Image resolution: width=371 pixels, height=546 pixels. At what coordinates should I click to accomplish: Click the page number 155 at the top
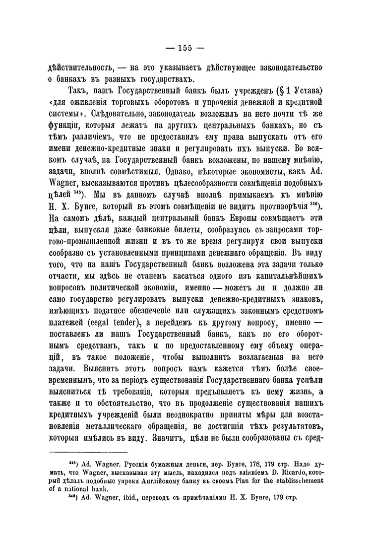pos(185,48)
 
